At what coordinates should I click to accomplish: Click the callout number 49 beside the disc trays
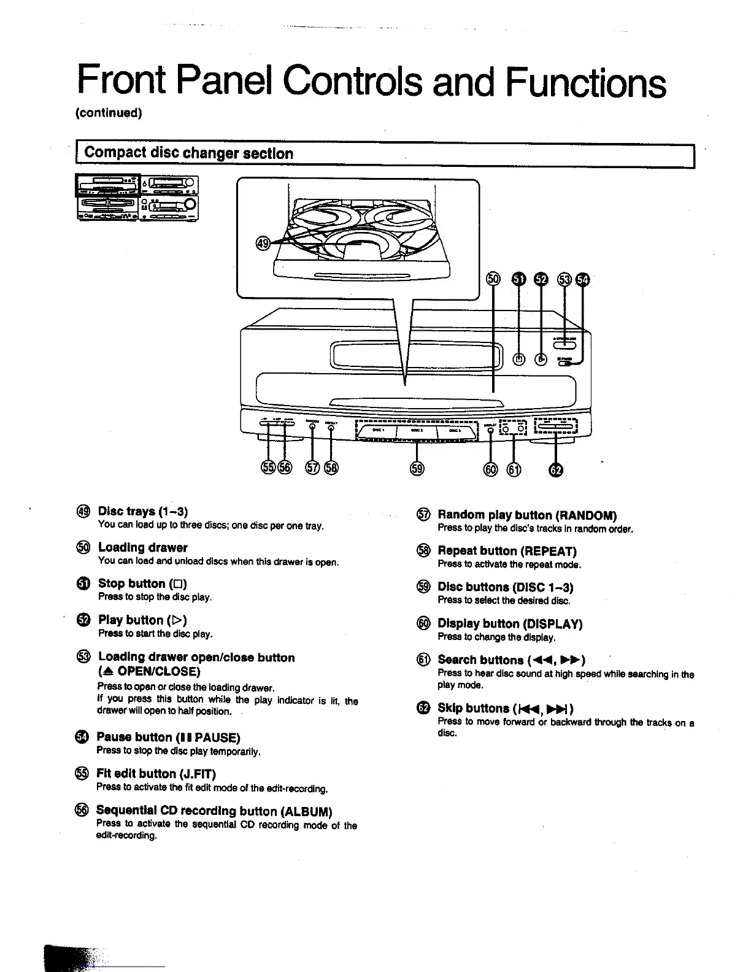pyautogui.click(x=263, y=244)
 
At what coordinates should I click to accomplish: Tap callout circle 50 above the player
pyautogui.click(x=493, y=280)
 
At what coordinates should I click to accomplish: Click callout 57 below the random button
pyautogui.click(x=313, y=468)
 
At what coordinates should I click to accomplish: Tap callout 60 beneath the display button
pyautogui.click(x=490, y=470)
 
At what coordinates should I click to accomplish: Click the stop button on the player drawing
pyautogui.click(x=519, y=360)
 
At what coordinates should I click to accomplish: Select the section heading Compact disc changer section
pyautogui.click(x=188, y=153)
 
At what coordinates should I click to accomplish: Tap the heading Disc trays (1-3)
pyautogui.click(x=142, y=511)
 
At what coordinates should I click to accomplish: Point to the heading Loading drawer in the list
pyautogui.click(x=142, y=547)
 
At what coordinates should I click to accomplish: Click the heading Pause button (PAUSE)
pyautogui.click(x=168, y=737)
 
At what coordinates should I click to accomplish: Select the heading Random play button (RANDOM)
pyautogui.click(x=527, y=515)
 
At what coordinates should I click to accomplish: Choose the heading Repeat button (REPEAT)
pyautogui.click(x=507, y=551)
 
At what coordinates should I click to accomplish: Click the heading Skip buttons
pyautogui.click(x=506, y=708)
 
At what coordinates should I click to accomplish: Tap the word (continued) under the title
pyautogui.click(x=109, y=113)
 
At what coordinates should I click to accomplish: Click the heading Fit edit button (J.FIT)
pyautogui.click(x=156, y=773)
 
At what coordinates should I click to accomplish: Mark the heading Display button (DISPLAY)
pyautogui.click(x=509, y=623)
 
